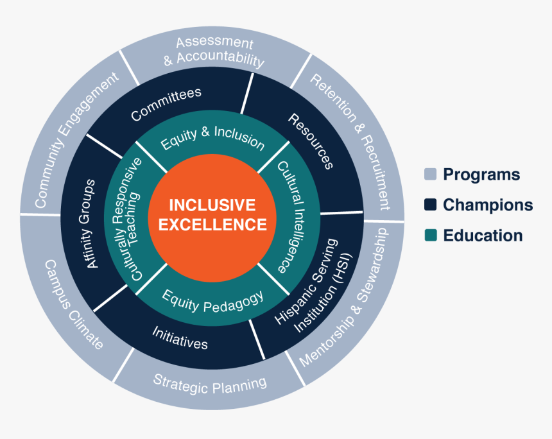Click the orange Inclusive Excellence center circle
click(212, 215)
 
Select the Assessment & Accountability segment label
click(214, 52)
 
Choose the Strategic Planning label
click(210, 383)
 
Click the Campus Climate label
click(73, 304)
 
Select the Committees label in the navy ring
click(166, 103)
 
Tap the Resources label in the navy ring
click(311, 141)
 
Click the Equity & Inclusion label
click(212, 140)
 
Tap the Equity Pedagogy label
click(212, 300)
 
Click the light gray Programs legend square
click(430, 175)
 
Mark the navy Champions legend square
click(430, 205)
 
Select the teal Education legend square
click(430, 236)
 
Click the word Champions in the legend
click(487, 205)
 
